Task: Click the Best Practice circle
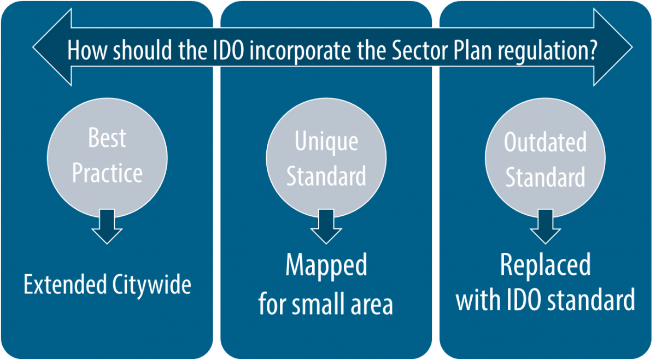pyautogui.click(x=107, y=158)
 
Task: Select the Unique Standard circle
pyautogui.click(x=326, y=158)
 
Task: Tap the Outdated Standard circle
pyautogui.click(x=545, y=158)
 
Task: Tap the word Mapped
pyautogui.click(x=326, y=266)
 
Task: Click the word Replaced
pyautogui.click(x=545, y=266)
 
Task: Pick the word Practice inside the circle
pyautogui.click(x=107, y=174)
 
